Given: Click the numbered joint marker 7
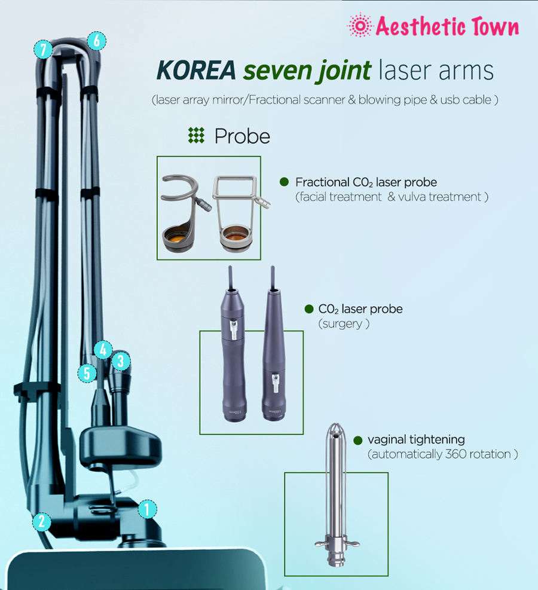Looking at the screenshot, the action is click(x=43, y=49).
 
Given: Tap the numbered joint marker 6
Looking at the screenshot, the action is click(x=97, y=41).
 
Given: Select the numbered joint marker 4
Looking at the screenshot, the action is click(x=103, y=350).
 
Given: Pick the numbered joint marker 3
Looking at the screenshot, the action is click(x=121, y=361).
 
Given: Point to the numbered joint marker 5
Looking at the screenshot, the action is click(x=87, y=373).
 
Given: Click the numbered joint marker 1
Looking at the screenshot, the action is click(x=147, y=509).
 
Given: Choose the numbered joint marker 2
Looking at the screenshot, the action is click(x=41, y=522).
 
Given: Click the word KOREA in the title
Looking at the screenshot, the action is click(x=196, y=71).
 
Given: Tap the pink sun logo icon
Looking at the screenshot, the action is click(x=360, y=25).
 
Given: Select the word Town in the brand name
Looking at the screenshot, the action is click(x=495, y=26).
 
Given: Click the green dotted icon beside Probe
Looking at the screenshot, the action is click(x=196, y=136).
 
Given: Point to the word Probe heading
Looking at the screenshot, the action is click(x=242, y=136).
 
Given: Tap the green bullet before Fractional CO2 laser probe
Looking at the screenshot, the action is click(x=284, y=182).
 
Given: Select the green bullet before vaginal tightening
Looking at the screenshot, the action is click(x=358, y=440).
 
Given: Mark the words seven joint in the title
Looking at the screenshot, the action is click(x=307, y=71).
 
